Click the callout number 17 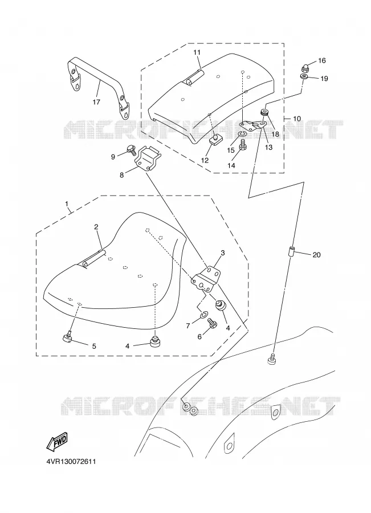click(96, 102)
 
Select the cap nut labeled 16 click(304, 68)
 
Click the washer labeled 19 click(304, 77)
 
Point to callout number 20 click(316, 255)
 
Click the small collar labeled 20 click(291, 252)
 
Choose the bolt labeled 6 click(212, 324)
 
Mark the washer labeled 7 click(203, 315)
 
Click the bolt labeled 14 click(242, 145)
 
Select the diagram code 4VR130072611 click(71, 462)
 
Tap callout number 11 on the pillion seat click(197, 52)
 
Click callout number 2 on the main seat click(96, 227)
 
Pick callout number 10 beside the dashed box click(296, 119)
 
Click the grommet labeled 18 click(264, 113)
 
